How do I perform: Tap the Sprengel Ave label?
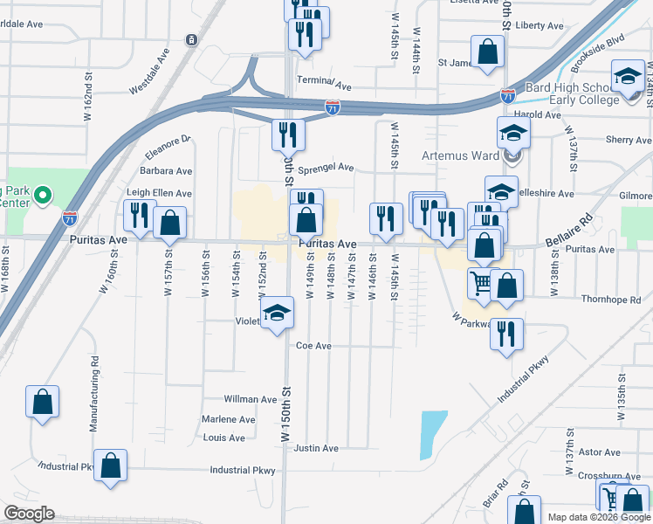point(326,167)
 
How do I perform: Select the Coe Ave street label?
point(313,346)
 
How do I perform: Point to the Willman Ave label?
point(250,399)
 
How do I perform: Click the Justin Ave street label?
point(316,448)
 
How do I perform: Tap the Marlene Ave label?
point(229,419)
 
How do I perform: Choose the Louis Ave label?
point(223,438)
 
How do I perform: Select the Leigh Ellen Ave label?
point(159,193)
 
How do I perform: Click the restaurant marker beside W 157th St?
point(140,215)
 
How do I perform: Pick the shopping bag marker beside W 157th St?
point(169,223)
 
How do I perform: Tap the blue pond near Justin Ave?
point(429,434)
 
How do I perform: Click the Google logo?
point(29,514)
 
